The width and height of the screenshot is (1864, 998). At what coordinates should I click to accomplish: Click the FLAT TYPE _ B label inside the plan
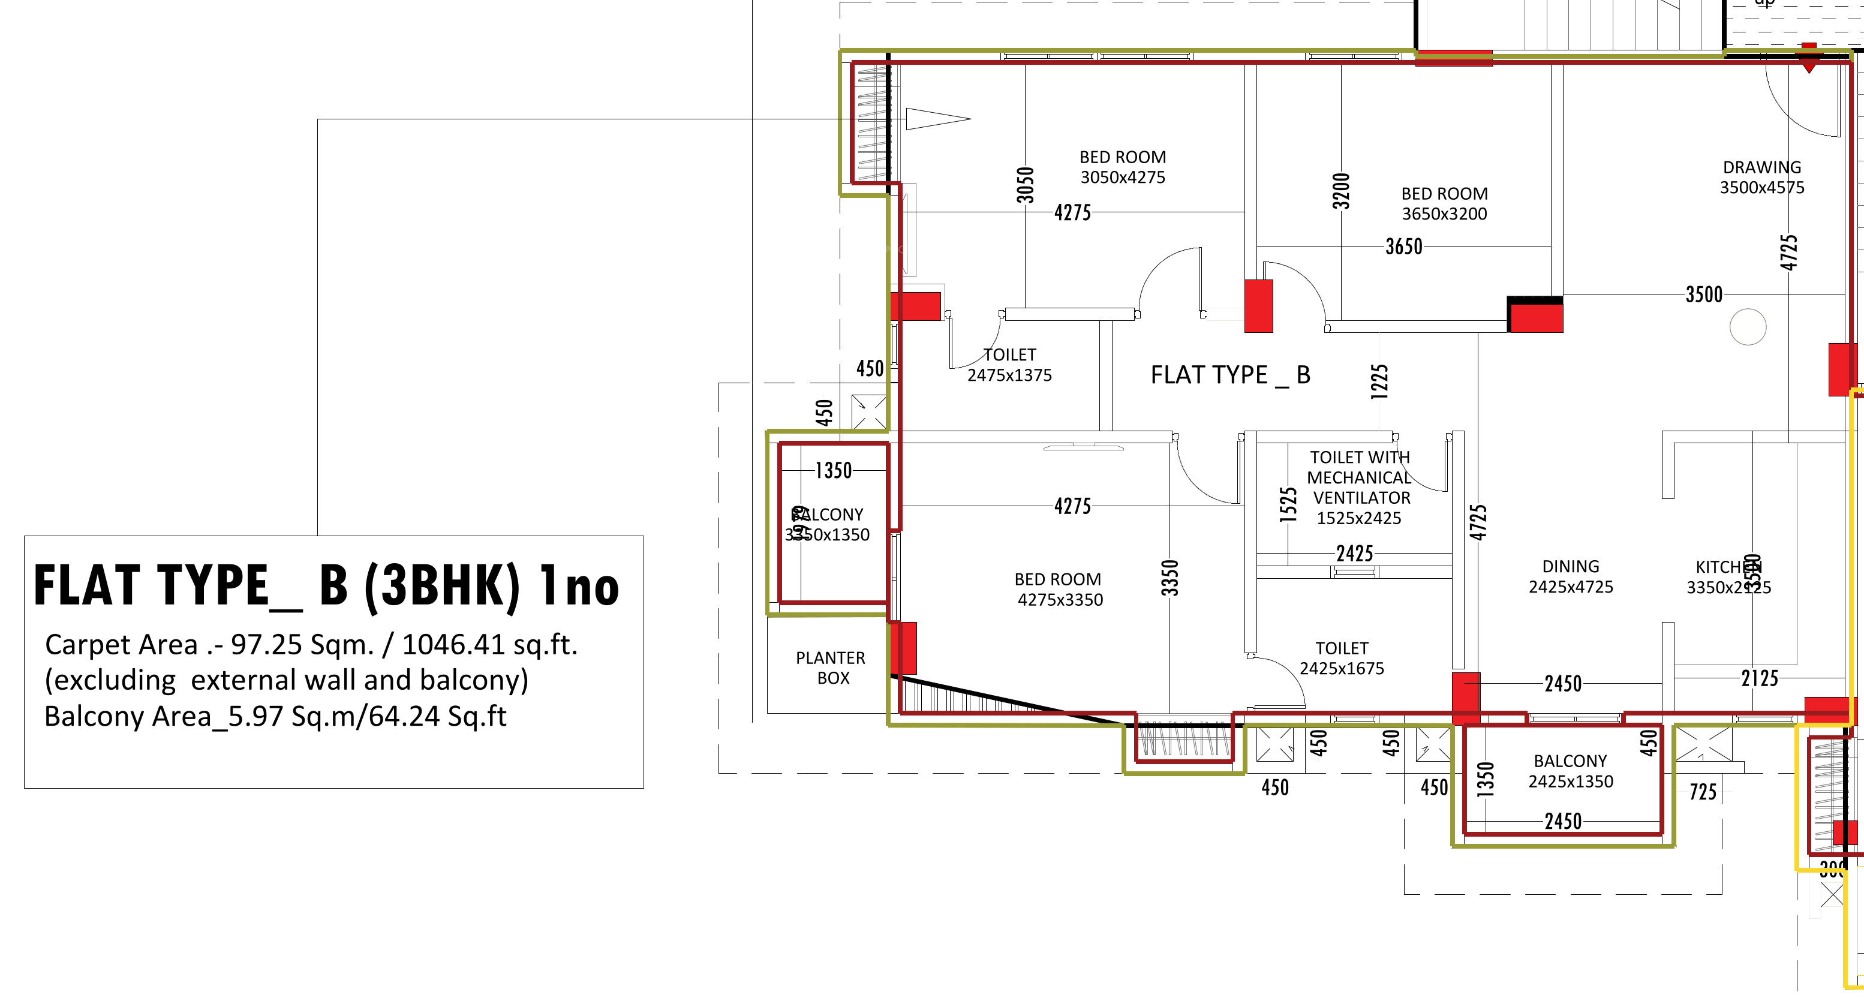coord(1230,375)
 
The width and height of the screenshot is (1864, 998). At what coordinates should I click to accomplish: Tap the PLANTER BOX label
coord(831,668)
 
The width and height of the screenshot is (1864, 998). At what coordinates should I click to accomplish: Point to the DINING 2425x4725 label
coord(1570,577)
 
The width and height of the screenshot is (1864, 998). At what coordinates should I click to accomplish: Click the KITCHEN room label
coord(1728,577)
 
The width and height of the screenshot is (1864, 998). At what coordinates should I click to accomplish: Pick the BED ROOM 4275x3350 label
coord(1059,589)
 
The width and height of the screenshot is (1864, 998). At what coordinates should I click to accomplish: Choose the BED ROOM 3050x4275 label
coord(1122,167)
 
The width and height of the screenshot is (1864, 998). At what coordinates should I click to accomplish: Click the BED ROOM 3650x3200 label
coord(1444,203)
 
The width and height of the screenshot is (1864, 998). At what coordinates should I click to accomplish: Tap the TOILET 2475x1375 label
coord(1009,365)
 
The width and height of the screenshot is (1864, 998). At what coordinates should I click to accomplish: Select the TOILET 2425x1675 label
coord(1342,658)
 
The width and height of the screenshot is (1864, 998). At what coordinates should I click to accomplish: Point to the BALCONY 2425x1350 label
coord(1570,771)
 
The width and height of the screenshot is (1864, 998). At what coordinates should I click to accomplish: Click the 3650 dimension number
coord(1404,247)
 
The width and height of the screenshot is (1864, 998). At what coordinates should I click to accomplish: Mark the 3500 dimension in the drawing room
coord(1703,294)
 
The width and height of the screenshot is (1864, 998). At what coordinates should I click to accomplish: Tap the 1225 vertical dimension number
coord(1379,381)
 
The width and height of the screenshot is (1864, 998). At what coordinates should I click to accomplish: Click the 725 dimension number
coord(1703,792)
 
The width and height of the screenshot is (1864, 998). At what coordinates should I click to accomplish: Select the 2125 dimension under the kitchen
coord(1759,678)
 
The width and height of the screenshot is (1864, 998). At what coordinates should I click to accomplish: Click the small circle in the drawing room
coord(1748,326)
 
